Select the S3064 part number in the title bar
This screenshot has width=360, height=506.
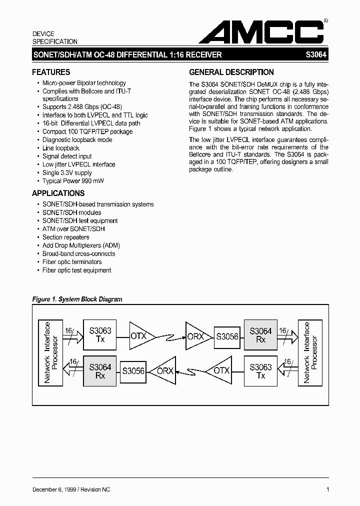(316, 55)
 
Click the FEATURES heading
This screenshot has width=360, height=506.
(51, 72)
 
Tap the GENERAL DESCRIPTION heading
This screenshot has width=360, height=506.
(231, 72)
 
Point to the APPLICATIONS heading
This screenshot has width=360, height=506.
(58, 193)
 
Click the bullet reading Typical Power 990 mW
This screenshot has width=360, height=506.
(73, 181)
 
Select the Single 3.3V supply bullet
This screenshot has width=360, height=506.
(67, 172)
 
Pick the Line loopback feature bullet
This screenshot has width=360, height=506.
(61, 148)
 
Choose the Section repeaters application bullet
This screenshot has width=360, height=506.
(65, 237)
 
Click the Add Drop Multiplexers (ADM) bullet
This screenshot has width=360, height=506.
(81, 245)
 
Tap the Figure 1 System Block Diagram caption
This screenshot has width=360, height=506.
(77, 299)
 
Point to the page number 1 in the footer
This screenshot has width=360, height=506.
(327, 489)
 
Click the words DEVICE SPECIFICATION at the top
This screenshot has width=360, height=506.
(55, 38)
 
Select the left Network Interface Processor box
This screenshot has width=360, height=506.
(50, 352)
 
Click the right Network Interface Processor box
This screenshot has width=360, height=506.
(310, 352)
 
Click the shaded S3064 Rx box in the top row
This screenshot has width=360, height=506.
(260, 335)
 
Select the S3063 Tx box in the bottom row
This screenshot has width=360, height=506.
(260, 371)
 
